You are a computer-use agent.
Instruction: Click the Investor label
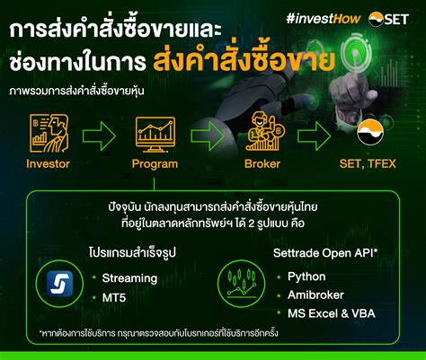[48, 164]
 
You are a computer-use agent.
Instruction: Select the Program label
[155, 164]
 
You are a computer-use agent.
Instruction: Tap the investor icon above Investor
[48, 132]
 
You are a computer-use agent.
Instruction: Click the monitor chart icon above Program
[155, 133]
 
